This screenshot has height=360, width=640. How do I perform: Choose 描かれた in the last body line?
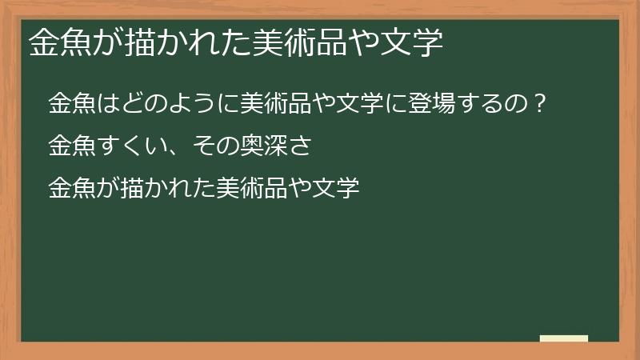point(165,190)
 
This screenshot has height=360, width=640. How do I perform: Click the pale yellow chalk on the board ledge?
point(564,338)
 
